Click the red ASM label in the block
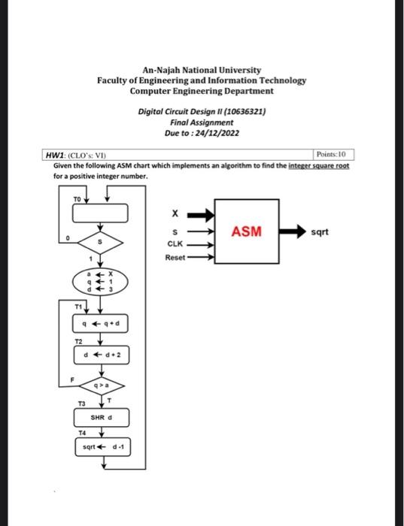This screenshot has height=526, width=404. (x=246, y=231)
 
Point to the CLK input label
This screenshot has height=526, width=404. (x=175, y=244)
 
